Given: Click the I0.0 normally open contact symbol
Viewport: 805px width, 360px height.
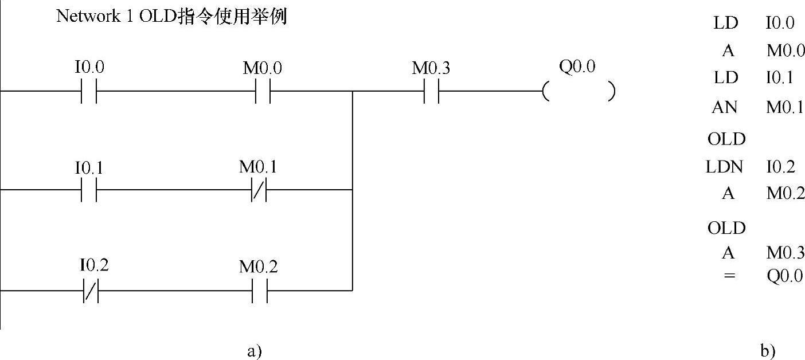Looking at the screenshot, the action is tap(89, 91).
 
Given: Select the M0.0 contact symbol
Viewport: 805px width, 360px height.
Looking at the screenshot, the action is tap(263, 91).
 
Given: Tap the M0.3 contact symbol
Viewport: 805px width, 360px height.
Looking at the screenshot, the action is tap(431, 91).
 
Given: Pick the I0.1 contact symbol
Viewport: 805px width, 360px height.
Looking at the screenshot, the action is tap(89, 189).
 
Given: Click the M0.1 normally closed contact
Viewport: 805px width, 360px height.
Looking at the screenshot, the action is tap(259, 189).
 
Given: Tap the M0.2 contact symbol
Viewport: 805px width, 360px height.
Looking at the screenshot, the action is tap(260, 290).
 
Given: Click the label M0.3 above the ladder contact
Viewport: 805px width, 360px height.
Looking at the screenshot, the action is tap(431, 69).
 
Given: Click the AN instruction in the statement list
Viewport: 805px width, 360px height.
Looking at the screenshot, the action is tap(725, 107).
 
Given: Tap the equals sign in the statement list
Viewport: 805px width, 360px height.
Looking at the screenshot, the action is tap(729, 276).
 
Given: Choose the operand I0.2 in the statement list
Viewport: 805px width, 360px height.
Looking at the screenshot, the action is tap(780, 167).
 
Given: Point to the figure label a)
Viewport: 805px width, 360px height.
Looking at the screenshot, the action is tap(254, 350).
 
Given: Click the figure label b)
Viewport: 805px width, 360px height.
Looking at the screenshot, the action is tap(768, 350).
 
